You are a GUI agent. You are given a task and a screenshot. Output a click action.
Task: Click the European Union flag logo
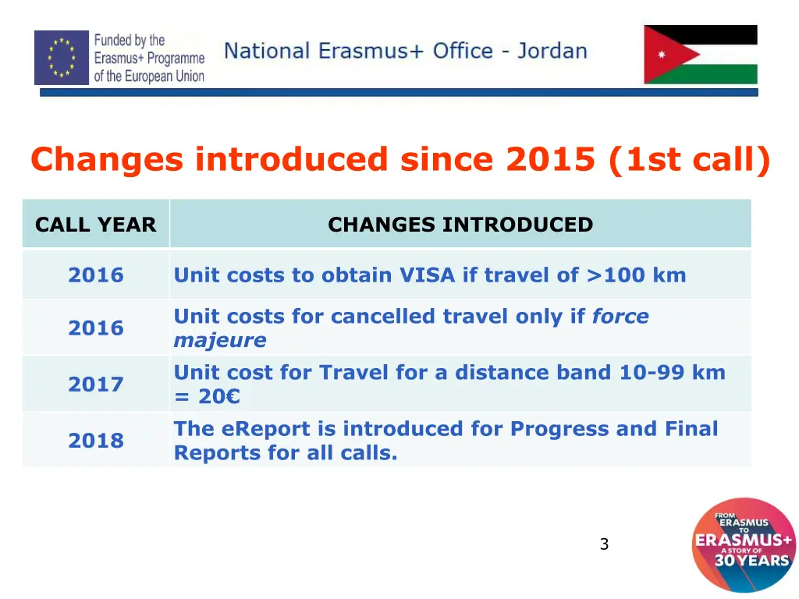coord(62,58)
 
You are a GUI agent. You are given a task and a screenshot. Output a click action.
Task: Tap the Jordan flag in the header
coord(700,55)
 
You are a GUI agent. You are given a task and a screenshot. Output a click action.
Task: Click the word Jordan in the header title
coord(552,51)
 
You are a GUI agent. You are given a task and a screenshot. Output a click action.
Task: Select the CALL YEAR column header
coord(96,225)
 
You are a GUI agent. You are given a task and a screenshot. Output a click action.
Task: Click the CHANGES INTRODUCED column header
coord(460,225)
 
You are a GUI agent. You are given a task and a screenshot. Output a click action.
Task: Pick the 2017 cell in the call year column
coord(96,384)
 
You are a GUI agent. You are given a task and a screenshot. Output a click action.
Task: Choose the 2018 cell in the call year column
coord(96,441)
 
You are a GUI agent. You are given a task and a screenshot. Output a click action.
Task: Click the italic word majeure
coord(219,341)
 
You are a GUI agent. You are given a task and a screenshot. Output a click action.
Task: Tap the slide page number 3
coord(604,544)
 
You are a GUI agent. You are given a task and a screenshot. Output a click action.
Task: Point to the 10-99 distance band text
coord(652,373)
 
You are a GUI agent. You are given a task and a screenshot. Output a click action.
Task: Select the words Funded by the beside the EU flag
coord(130,41)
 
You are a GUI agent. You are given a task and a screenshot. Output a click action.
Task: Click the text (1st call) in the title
coord(687,160)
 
